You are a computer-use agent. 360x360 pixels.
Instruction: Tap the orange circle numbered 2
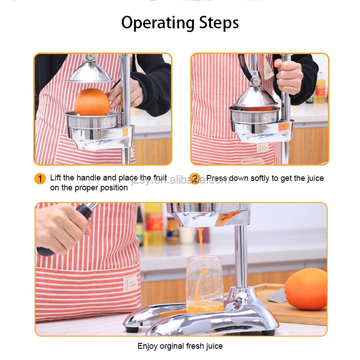coord(194,179)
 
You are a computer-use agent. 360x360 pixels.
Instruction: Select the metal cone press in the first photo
coord(90,73)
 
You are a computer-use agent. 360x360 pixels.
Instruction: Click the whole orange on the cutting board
coord(306,288)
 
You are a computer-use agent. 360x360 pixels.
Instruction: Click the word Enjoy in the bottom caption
coord(148,346)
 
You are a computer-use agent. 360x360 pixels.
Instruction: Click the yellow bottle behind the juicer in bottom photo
coord(153,225)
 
